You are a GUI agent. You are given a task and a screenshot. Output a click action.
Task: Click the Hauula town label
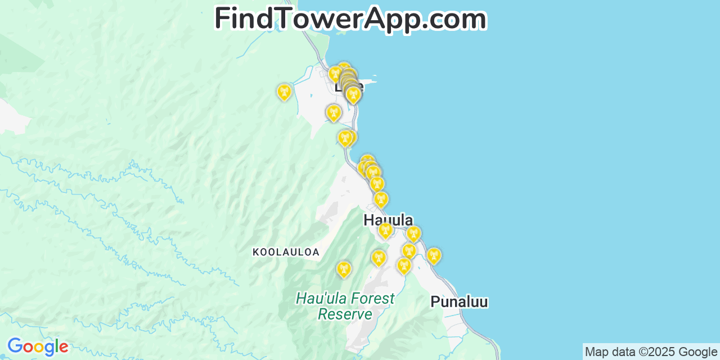[388, 220]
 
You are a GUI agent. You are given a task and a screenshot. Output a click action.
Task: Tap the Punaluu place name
[459, 301]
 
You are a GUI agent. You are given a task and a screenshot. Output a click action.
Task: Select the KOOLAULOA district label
[286, 252]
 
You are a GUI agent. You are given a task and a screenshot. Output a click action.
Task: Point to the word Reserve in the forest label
[345, 314]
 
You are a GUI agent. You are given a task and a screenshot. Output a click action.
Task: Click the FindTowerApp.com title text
[350, 19]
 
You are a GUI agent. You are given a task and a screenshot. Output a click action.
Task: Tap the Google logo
[37, 346]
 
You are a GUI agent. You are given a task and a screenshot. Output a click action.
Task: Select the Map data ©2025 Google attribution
[651, 352]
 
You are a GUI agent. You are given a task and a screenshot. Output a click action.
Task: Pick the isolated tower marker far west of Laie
[284, 92]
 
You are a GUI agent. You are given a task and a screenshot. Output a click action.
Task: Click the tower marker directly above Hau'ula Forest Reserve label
[343, 269]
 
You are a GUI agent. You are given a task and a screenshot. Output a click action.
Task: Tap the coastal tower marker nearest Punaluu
[433, 256]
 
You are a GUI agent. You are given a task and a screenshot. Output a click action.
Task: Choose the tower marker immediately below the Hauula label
[385, 230]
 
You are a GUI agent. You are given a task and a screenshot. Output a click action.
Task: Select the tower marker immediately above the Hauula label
[381, 200]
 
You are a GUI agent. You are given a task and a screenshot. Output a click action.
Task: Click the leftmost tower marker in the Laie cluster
[335, 74]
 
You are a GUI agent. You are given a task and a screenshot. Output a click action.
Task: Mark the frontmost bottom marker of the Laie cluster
[353, 95]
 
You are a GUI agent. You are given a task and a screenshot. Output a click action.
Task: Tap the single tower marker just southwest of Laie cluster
[333, 113]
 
